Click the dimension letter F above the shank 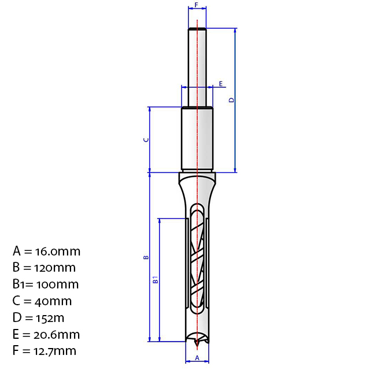[x=197, y=5]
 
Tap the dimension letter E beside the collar [x=221, y=84]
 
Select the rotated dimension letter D [x=232, y=100]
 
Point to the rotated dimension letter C [x=146, y=140]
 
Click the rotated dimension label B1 [x=156, y=280]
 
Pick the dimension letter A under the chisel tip [x=197, y=358]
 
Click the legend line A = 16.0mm [x=46, y=251]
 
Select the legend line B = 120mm [x=44, y=268]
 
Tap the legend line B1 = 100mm [x=46, y=284]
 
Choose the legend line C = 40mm [x=42, y=301]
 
